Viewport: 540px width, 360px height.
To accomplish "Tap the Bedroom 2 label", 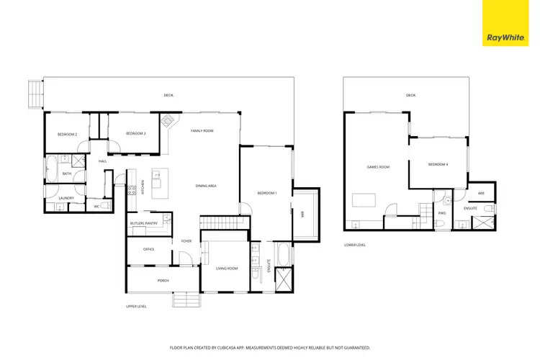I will pos(67,134).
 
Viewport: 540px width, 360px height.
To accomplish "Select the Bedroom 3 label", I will pos(135,134).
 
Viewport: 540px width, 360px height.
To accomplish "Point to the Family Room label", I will pos(202,131).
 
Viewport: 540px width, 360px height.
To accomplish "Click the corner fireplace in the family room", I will pos(168,120).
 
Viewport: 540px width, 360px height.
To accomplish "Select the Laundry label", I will pos(67,198).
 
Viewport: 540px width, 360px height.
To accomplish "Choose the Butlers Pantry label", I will pos(143,224).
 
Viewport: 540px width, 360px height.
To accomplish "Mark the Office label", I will pos(148,249).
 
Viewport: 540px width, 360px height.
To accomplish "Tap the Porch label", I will pos(163,280).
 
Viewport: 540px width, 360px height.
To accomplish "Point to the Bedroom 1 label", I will pos(267,192).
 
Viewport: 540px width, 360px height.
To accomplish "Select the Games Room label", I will pos(378,167).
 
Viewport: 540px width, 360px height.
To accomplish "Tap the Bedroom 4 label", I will pos(438,164).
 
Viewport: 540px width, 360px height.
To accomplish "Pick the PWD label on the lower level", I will pos(442,212).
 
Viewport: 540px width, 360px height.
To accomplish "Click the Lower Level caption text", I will pos(355,245).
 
